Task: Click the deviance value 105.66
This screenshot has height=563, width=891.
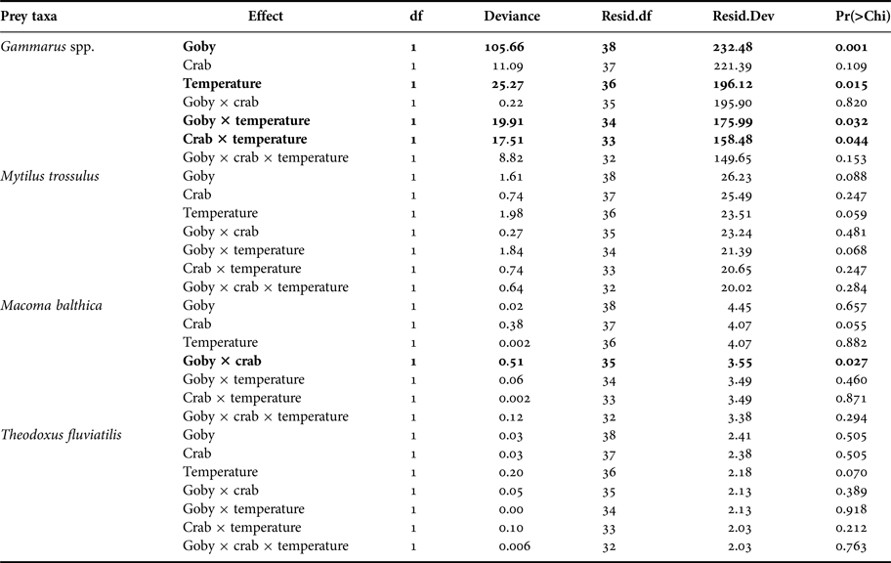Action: pyautogui.click(x=511, y=47)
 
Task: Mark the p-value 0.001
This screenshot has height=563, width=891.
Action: pyautogui.click(x=851, y=47)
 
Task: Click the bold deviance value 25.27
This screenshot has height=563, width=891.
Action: pyautogui.click(x=514, y=84)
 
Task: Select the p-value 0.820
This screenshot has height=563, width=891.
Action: pyautogui.click(x=851, y=103)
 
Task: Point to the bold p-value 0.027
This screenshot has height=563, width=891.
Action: pyautogui.click(x=851, y=362)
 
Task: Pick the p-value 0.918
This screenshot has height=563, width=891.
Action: pyautogui.click(x=851, y=509)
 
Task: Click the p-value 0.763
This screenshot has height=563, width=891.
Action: pyautogui.click(x=851, y=546)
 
